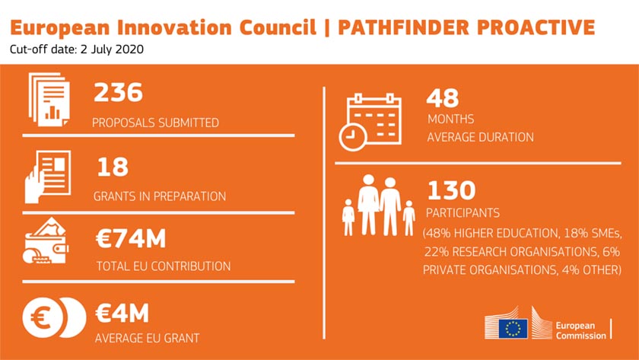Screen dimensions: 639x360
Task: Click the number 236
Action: click(x=118, y=92)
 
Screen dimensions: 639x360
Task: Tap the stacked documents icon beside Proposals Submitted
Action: click(x=49, y=100)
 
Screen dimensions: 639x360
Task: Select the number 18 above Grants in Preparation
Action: click(x=113, y=167)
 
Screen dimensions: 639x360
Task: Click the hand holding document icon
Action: click(x=48, y=177)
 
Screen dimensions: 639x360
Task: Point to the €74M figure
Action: click(x=131, y=238)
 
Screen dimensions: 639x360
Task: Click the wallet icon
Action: click(x=46, y=241)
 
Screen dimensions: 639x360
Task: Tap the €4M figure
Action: click(x=122, y=313)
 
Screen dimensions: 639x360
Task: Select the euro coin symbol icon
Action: click(x=54, y=317)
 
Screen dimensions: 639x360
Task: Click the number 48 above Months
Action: click(x=443, y=98)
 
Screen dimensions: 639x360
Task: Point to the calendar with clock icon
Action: click(x=370, y=122)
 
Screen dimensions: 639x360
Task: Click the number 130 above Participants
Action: click(x=451, y=190)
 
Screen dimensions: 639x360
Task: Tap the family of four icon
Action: click(x=379, y=206)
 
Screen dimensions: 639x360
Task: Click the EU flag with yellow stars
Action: click(x=513, y=329)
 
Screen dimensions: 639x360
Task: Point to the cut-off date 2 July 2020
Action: click(x=112, y=49)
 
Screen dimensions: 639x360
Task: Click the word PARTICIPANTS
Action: click(x=463, y=213)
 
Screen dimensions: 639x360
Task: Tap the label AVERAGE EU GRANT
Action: click(x=147, y=338)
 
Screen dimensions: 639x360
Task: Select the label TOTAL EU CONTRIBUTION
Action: click(x=164, y=266)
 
